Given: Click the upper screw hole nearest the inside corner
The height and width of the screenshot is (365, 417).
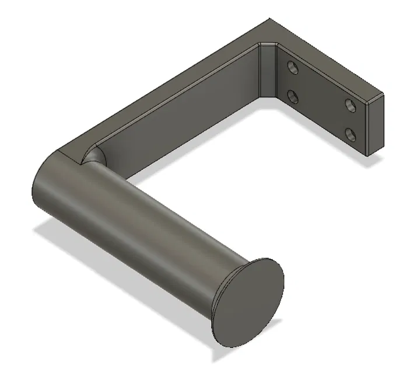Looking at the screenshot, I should point(293,68).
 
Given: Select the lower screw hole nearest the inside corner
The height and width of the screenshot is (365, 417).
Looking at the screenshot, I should point(294,95).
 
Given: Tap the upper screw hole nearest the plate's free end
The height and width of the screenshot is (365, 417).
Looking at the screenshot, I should point(351,105).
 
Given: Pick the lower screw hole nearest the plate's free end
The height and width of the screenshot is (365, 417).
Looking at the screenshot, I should point(351,135).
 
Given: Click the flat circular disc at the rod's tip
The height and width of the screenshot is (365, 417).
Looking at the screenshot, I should point(248,302).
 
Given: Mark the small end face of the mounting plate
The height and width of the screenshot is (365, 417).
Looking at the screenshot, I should point(374,126).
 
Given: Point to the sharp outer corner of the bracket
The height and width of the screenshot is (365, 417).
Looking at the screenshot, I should point(269,20).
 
